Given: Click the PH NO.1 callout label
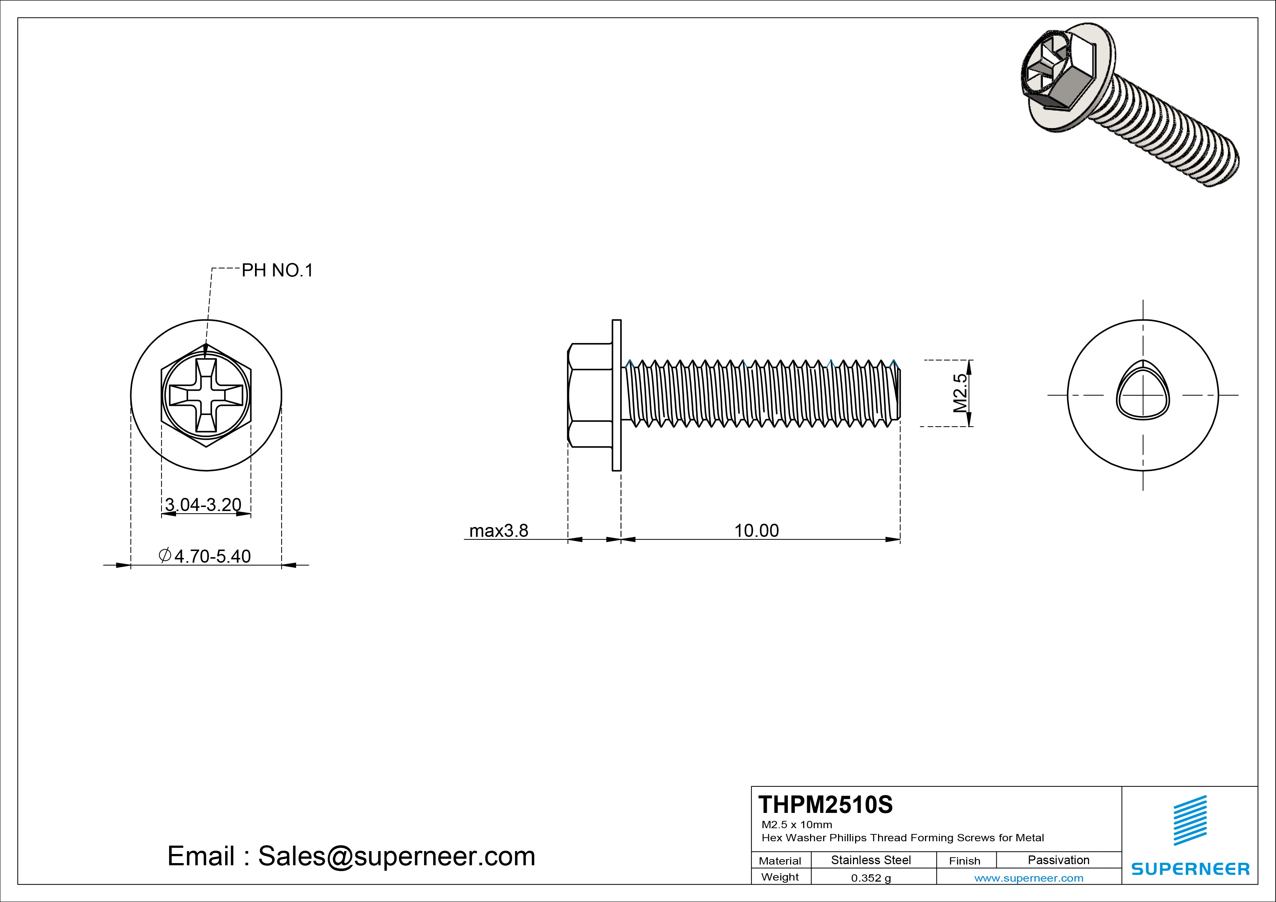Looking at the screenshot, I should click(277, 271).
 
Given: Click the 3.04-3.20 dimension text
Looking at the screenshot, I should click(203, 504).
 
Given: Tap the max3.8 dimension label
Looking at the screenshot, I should click(499, 531).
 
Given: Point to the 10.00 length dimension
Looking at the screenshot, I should click(756, 531).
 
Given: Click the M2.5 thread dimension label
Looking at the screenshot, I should click(960, 393).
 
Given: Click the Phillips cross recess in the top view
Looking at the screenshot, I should click(206, 395).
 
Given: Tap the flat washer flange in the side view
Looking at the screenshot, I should click(616, 395).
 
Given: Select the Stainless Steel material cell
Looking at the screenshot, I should click(871, 860).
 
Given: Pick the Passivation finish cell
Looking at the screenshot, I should click(1058, 860).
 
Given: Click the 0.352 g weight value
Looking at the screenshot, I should click(871, 878).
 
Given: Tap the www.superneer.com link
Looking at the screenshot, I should click(1029, 878).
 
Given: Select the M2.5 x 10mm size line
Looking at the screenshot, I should click(796, 825).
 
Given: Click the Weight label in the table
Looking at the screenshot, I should click(780, 877).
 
